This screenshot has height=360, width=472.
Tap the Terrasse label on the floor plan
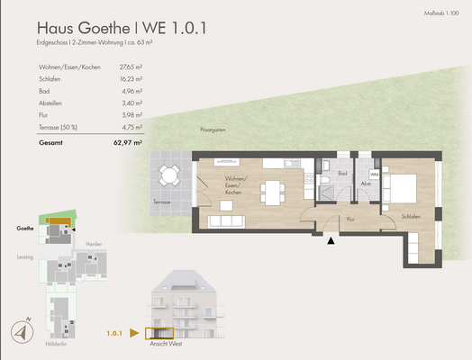[x=161, y=202]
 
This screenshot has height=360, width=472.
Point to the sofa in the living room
[x=224, y=220]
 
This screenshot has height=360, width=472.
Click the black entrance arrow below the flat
[x=332, y=239]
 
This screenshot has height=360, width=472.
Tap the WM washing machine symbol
[x=374, y=175]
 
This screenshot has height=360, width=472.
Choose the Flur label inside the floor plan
[x=349, y=218]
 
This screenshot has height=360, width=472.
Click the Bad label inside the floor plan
[x=342, y=173]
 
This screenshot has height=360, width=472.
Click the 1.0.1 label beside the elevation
[x=113, y=333]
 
